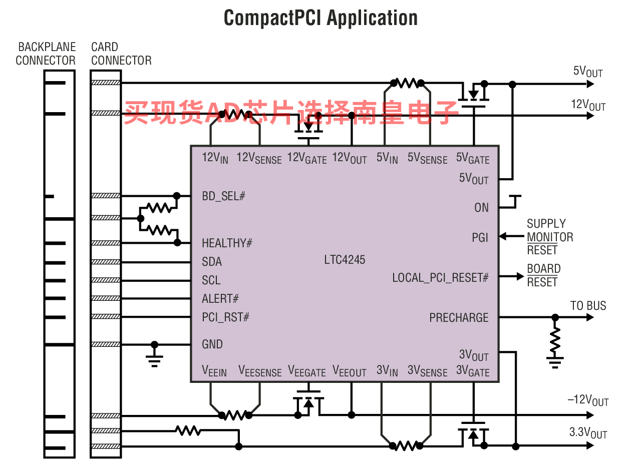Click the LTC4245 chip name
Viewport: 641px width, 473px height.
tap(344, 259)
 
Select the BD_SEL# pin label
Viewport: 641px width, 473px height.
tap(223, 196)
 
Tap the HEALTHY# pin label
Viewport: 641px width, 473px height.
tap(227, 243)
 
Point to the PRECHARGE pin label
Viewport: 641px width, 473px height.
tap(459, 317)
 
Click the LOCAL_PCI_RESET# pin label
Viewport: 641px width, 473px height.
tap(440, 278)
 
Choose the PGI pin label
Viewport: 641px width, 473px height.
tap(480, 238)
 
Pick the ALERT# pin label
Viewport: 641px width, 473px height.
tap(220, 298)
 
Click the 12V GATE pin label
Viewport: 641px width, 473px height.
tap(306, 158)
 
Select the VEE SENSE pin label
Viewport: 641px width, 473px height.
tap(260, 371)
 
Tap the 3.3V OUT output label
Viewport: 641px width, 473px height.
tap(588, 432)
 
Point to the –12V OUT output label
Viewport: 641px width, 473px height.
tap(588, 400)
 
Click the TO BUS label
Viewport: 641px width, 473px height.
tap(588, 306)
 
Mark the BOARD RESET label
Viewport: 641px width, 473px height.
tap(544, 275)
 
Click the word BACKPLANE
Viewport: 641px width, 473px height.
tap(47, 47)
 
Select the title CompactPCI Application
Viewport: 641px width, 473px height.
tap(320, 18)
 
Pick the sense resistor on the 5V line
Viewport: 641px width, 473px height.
tap(407, 83)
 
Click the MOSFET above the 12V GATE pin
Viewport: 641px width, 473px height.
tap(308, 127)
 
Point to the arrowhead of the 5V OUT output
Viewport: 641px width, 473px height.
tap(590, 84)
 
